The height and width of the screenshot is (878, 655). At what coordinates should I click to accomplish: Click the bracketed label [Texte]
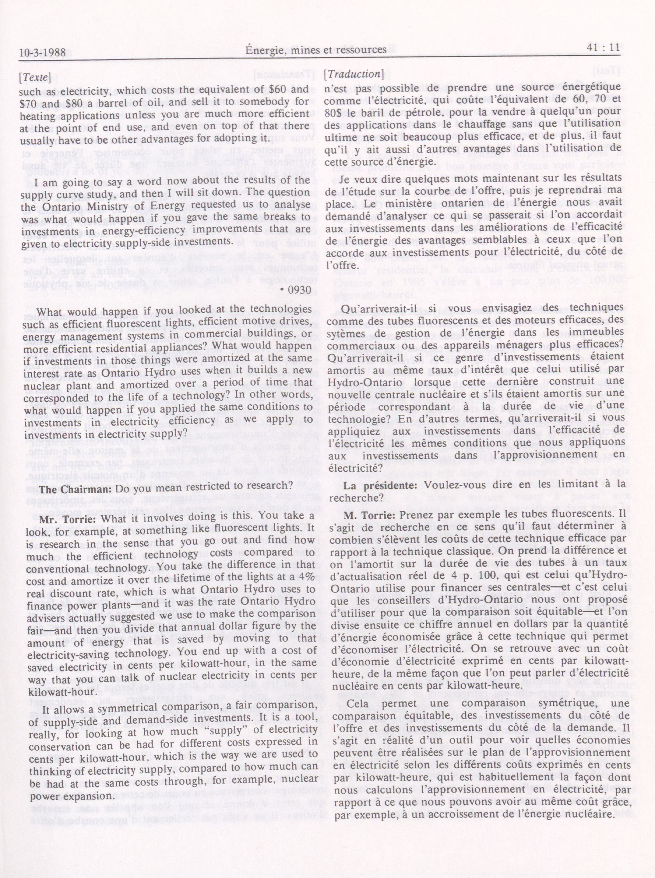(x=35, y=77)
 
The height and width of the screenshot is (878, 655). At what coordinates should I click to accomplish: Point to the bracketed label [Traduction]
(x=354, y=74)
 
